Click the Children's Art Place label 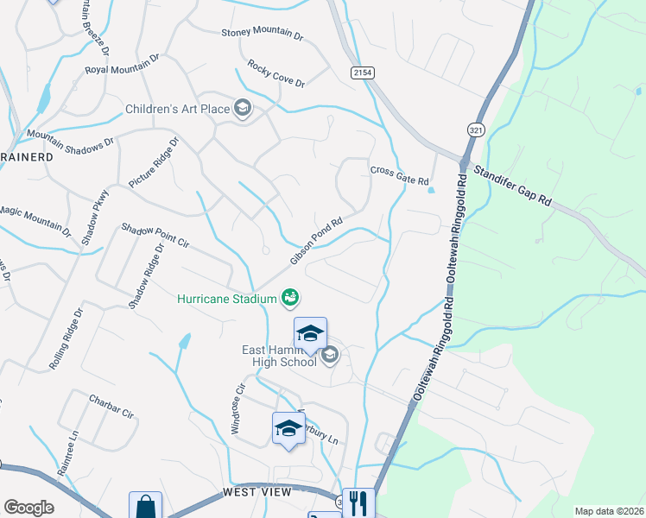177,109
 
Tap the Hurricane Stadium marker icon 290,299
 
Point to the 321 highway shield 477,127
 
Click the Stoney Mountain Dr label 263,35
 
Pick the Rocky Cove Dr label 276,73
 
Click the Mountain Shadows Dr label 70,138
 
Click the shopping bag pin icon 145,506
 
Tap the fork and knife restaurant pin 358,503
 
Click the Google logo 28,508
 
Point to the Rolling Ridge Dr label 65,339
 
